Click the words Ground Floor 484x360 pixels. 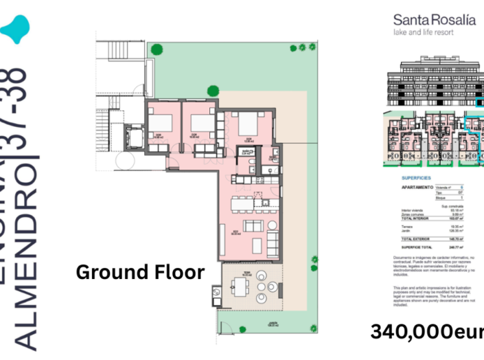tap(139, 272)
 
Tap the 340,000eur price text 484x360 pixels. tap(426, 332)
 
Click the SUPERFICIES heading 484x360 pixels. tap(416, 176)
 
